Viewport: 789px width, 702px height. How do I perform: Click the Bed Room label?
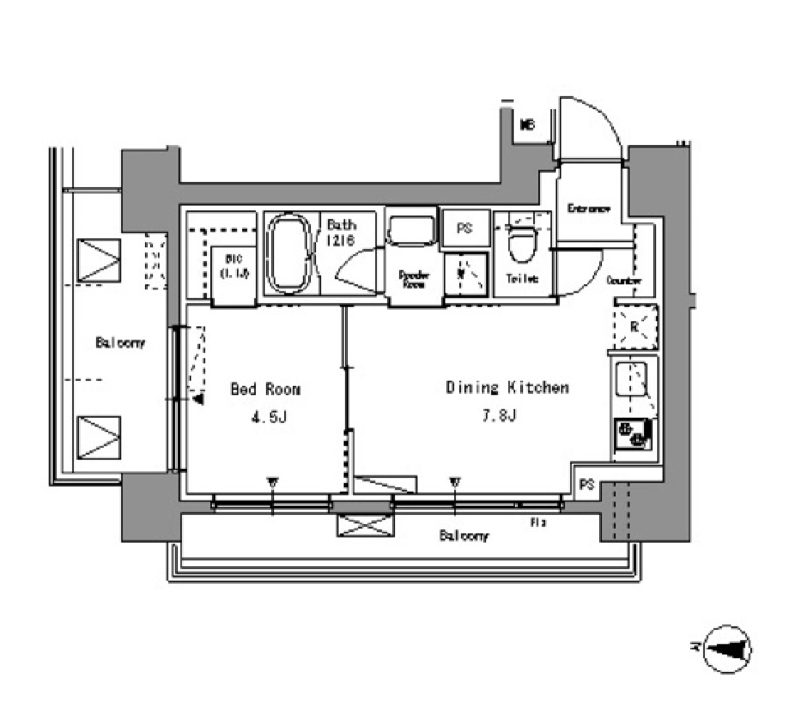point(265,390)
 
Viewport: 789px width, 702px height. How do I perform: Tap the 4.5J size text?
point(269,418)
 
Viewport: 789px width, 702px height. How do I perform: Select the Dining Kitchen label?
point(507,387)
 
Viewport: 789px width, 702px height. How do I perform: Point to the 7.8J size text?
point(498,416)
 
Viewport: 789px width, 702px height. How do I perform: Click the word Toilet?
point(522,279)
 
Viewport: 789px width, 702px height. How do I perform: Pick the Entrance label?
point(589,209)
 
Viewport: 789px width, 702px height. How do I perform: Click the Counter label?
point(624,280)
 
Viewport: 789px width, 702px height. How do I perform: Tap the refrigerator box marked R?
point(634,326)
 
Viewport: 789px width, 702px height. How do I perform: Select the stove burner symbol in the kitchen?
point(631,433)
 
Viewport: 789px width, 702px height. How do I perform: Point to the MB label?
point(528,126)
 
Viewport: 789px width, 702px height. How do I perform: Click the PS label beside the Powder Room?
point(464,229)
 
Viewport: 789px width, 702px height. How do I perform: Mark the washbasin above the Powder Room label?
point(413,229)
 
